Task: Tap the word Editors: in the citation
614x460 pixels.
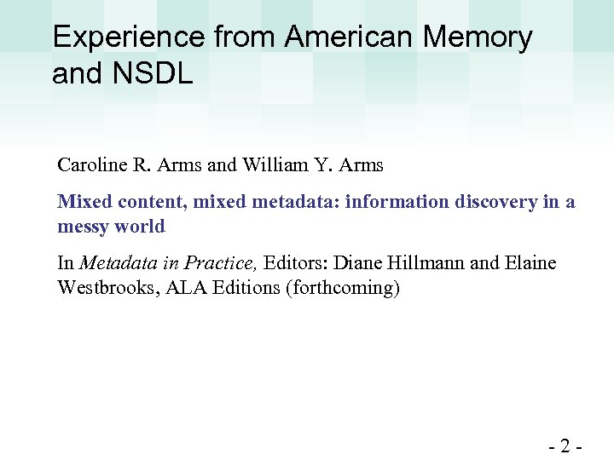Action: coord(300,263)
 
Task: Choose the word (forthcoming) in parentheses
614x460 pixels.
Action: coord(345,288)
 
